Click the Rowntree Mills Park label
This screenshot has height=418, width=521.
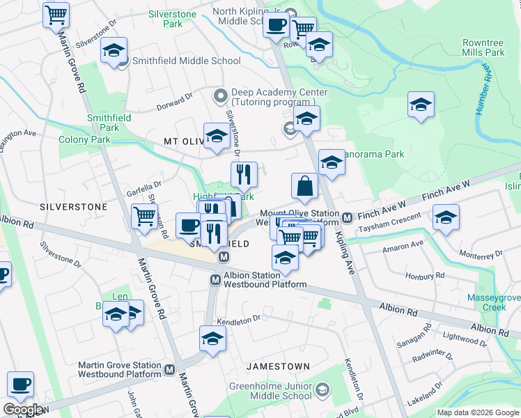click(483, 48)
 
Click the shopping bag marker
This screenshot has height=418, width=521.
click(304, 186)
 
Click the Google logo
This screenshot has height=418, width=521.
click(22, 410)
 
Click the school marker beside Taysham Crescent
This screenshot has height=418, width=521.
click(446, 217)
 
